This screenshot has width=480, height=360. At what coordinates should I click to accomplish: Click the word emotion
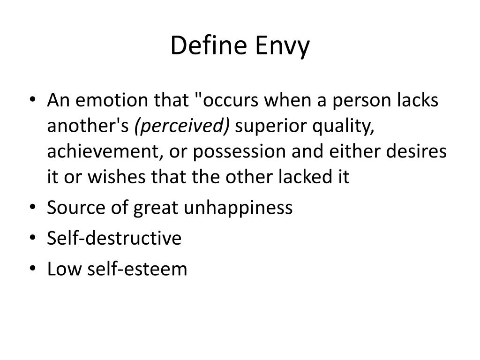point(107,101)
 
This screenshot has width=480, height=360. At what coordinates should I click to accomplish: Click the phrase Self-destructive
point(114,238)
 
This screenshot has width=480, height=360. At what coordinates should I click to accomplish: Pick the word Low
point(62,269)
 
